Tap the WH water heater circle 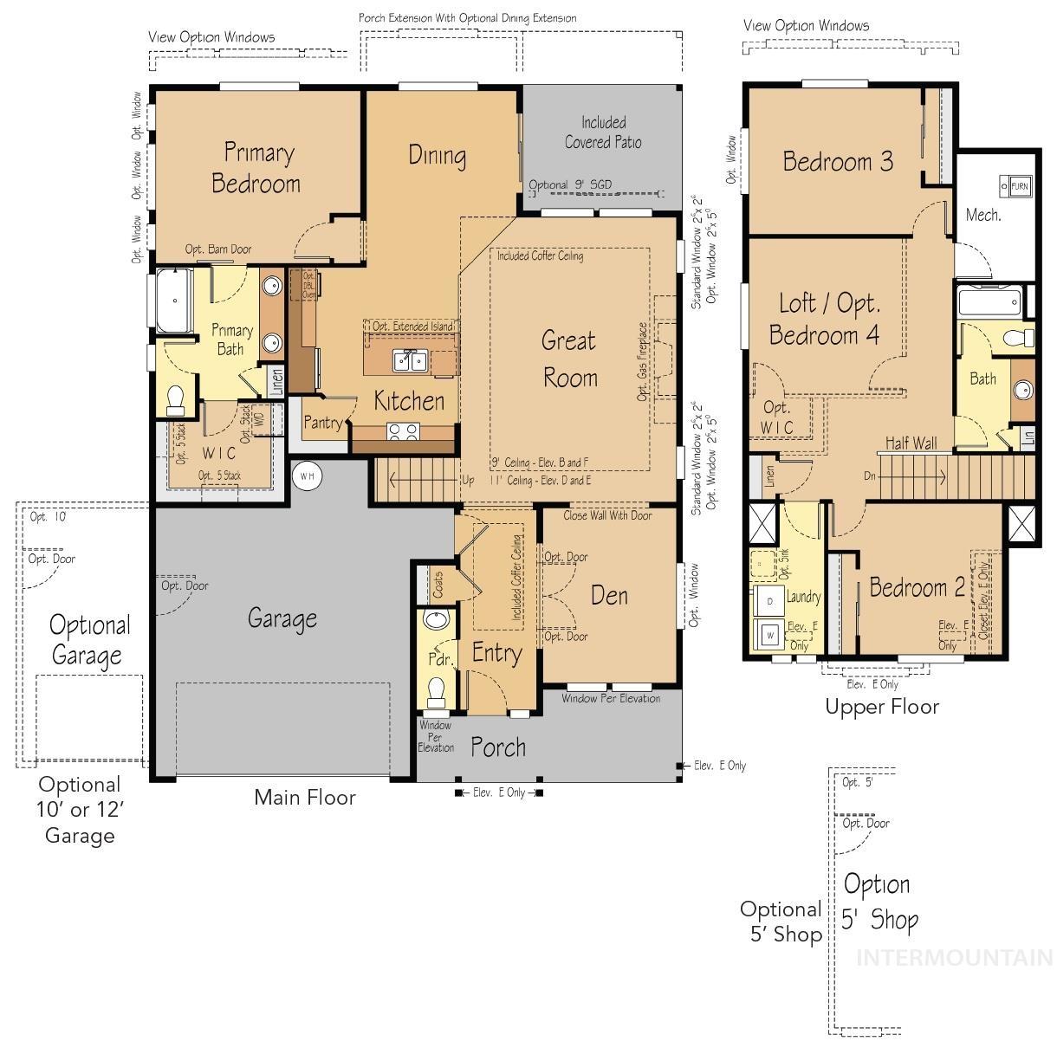(307, 475)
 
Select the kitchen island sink (409, 359)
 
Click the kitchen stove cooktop (403, 430)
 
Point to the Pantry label (322, 423)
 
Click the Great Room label (569, 359)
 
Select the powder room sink (437, 619)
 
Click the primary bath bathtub (176, 301)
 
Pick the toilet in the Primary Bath (176, 399)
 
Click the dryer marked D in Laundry (769, 600)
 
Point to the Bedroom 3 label (837, 161)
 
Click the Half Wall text (911, 443)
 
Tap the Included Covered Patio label (603, 133)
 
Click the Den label (609, 595)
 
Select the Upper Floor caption (881, 707)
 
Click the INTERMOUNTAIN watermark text (954, 957)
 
